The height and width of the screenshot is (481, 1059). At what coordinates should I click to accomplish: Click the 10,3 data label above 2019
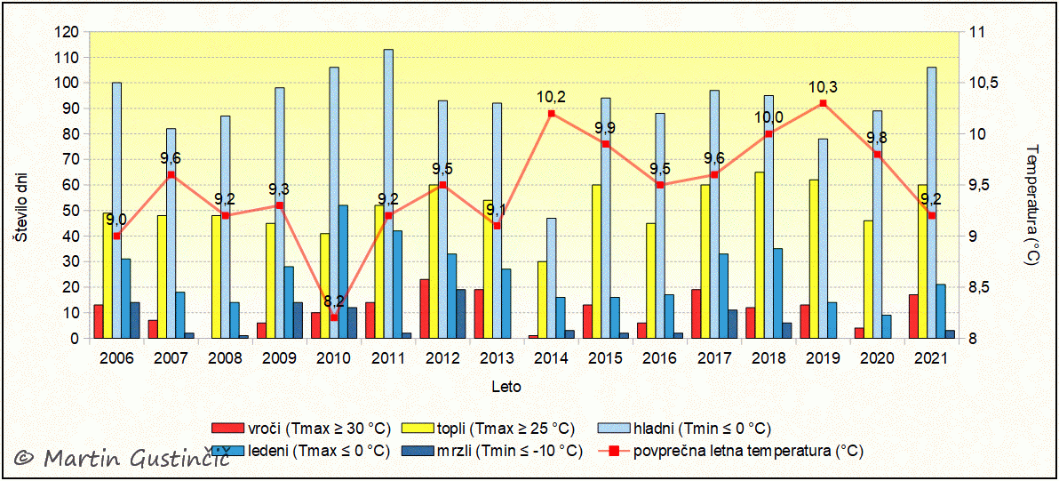[x=823, y=87]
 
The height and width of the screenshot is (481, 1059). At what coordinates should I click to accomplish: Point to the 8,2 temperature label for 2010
[x=334, y=301]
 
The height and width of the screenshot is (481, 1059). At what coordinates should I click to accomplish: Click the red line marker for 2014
[x=552, y=114]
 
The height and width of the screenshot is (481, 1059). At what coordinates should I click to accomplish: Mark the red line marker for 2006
[x=117, y=236]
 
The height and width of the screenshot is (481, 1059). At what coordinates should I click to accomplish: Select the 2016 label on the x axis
[x=660, y=358]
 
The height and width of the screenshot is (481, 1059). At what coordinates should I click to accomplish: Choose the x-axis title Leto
[x=506, y=387]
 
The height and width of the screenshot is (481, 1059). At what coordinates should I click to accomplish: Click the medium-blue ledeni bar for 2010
[x=343, y=272]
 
